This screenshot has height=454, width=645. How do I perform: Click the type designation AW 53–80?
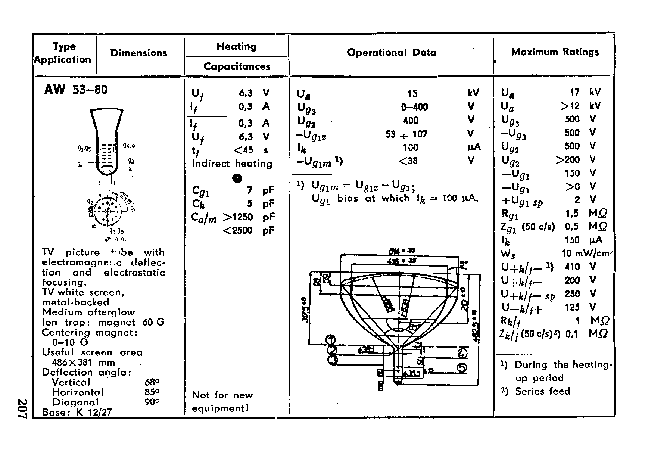click(x=76, y=90)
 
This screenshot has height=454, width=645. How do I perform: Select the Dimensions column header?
click(x=138, y=53)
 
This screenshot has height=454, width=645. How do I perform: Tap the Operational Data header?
click(x=392, y=53)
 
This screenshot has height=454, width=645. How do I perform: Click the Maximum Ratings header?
click(x=555, y=52)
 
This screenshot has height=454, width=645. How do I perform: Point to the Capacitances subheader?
click(x=237, y=66)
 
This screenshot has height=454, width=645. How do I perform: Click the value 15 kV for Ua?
click(x=412, y=93)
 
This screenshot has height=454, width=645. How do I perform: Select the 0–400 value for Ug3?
click(x=414, y=107)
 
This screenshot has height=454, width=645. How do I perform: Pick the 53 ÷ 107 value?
click(x=406, y=134)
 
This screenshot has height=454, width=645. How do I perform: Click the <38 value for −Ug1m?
click(x=408, y=161)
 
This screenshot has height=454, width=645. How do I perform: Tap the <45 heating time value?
click(x=243, y=150)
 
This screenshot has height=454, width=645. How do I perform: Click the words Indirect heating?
click(x=232, y=164)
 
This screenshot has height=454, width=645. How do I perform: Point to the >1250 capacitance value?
click(x=238, y=217)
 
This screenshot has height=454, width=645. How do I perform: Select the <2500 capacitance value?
click(x=238, y=230)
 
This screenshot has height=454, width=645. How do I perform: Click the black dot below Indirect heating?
click(x=237, y=178)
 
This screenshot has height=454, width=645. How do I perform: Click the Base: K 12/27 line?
click(x=77, y=412)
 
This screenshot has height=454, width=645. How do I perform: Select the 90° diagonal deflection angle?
click(x=152, y=402)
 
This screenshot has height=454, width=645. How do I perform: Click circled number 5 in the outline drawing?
click(x=462, y=367)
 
